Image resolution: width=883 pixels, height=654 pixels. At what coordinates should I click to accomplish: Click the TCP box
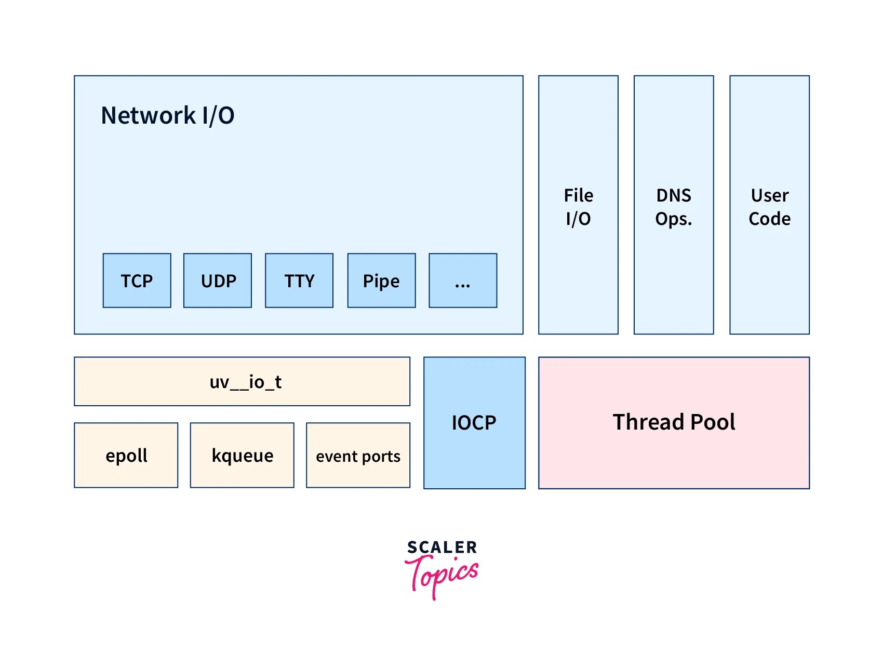(137, 281)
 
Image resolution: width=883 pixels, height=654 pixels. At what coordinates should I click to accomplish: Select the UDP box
(218, 281)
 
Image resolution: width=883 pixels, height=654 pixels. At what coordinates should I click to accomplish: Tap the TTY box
(299, 281)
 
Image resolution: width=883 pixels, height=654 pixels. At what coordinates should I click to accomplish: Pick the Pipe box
(381, 281)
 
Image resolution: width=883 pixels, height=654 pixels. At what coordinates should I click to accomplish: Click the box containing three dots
(463, 281)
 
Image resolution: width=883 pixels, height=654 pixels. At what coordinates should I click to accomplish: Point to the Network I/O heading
(167, 115)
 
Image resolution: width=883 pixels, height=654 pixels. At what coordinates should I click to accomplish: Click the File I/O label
(578, 207)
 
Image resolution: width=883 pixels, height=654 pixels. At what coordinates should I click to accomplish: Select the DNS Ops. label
(674, 207)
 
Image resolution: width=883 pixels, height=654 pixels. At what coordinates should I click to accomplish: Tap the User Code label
(769, 207)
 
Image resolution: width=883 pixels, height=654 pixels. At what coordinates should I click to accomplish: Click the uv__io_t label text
(245, 382)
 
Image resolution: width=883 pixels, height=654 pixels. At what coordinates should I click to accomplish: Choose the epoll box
(126, 455)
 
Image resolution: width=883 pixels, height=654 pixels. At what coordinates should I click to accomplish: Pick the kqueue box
(242, 455)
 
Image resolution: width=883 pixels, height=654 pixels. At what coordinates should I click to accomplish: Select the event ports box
(358, 456)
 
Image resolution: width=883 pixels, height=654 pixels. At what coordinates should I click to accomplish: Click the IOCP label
(474, 422)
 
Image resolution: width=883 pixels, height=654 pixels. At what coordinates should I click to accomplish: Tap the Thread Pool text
(674, 422)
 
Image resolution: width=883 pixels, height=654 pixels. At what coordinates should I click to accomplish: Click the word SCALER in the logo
(442, 547)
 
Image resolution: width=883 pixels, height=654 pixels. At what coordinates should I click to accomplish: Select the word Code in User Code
(769, 219)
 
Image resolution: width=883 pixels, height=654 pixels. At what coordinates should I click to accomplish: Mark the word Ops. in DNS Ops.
(674, 219)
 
